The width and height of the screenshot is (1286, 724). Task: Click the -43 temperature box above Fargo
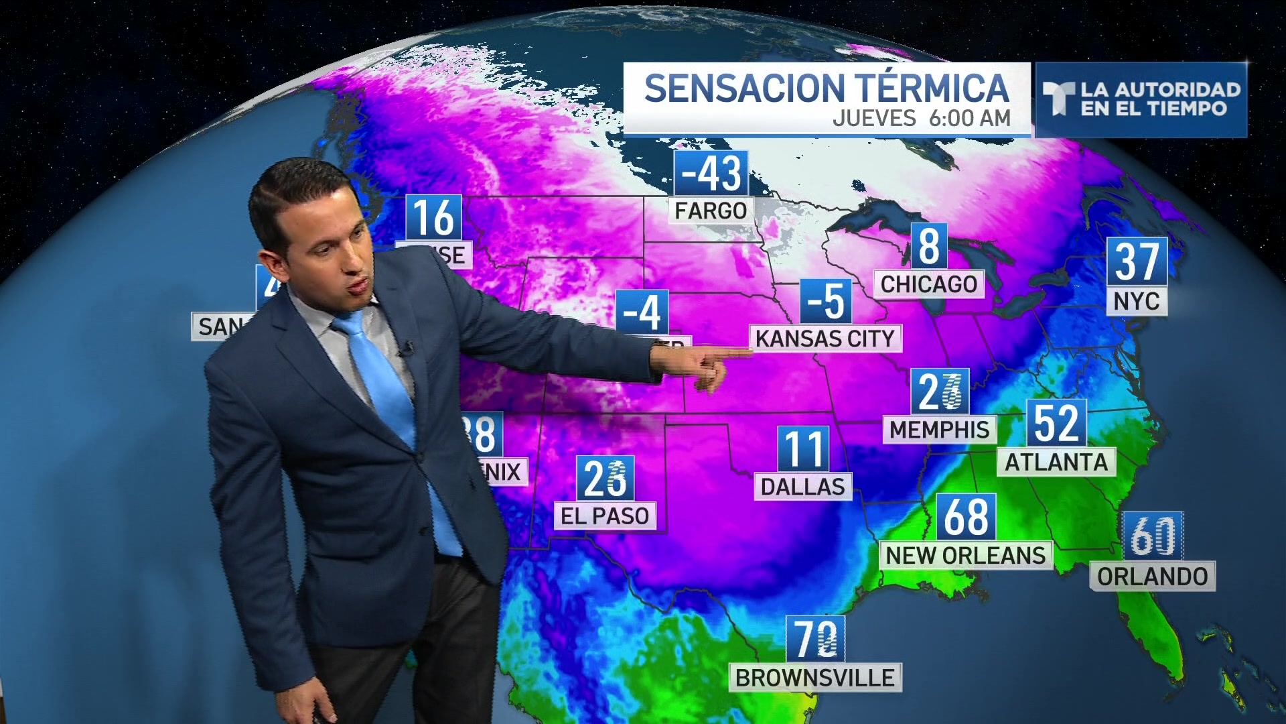(710, 174)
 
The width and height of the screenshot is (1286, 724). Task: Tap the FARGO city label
(711, 211)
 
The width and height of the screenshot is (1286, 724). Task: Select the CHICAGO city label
(928, 284)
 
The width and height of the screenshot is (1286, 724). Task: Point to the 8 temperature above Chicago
(929, 247)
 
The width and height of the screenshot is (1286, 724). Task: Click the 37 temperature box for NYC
(1136, 261)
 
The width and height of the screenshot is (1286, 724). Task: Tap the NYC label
(1136, 302)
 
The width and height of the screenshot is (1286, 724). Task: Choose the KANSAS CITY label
(825, 339)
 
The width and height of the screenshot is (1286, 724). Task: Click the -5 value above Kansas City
(826, 302)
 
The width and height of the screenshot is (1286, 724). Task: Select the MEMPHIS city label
(939, 430)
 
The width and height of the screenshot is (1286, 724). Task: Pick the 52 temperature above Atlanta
(1056, 424)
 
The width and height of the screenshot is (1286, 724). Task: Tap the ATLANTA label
(1056, 463)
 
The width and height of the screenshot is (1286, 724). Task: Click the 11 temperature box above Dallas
(803, 449)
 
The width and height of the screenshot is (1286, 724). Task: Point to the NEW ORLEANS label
(965, 556)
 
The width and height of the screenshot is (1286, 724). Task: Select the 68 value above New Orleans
(966, 517)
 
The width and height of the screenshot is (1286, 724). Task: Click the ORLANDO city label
(1152, 577)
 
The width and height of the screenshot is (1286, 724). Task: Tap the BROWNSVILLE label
(814, 678)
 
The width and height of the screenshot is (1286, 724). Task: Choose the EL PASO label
(605, 516)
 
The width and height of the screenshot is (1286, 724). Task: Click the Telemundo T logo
(1059, 99)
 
